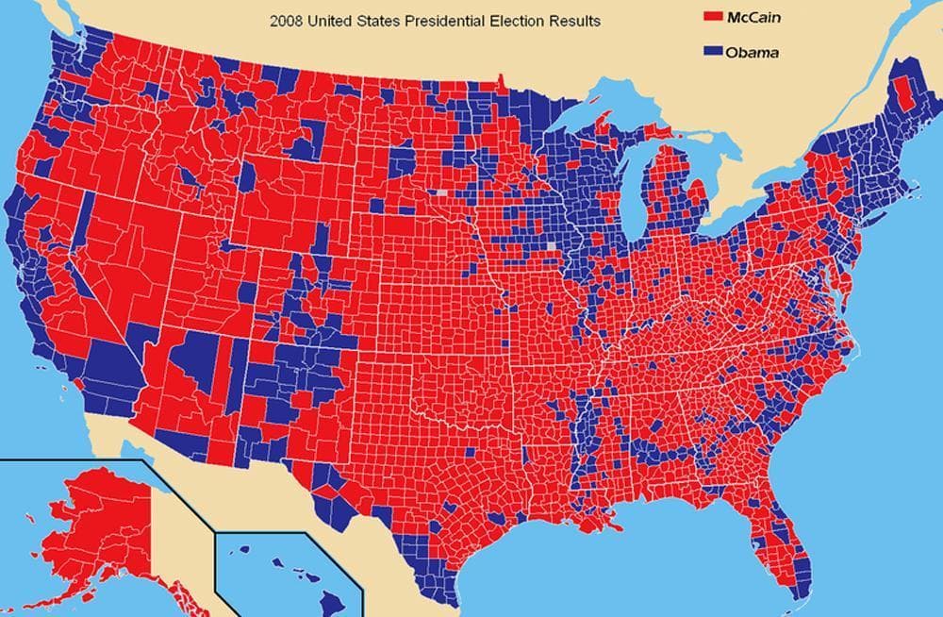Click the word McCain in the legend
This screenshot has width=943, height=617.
(753, 17)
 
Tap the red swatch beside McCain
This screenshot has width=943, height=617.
(713, 17)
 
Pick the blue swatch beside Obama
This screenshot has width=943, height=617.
(713, 52)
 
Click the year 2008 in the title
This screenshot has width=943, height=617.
(287, 20)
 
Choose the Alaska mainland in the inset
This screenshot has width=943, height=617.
(94, 519)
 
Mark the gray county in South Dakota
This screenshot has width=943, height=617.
(443, 192)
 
